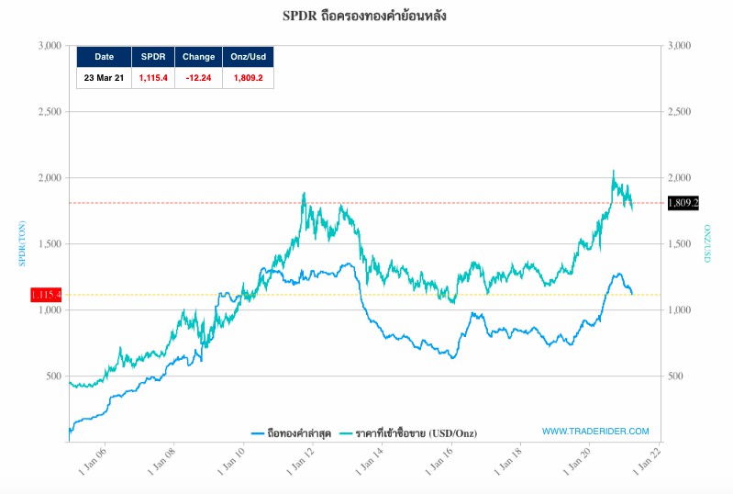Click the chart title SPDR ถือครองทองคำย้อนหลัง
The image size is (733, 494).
[365, 17]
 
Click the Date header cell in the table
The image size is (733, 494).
[105, 57]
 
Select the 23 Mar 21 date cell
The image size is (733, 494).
[105, 78]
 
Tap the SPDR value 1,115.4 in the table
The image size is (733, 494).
[153, 78]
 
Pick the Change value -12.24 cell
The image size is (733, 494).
[198, 78]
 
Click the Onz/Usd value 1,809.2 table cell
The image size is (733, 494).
[248, 78]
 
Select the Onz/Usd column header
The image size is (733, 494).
[248, 57]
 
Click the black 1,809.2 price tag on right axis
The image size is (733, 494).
[683, 202]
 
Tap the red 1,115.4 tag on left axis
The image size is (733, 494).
[46, 295]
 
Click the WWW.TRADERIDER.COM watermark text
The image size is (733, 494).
[595, 431]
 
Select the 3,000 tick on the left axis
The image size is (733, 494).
[50, 45]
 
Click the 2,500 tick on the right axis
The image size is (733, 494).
[681, 111]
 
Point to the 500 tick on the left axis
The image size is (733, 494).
[53, 376]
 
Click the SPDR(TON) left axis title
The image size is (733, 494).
[23, 243]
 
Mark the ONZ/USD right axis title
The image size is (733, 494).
[707, 243]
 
